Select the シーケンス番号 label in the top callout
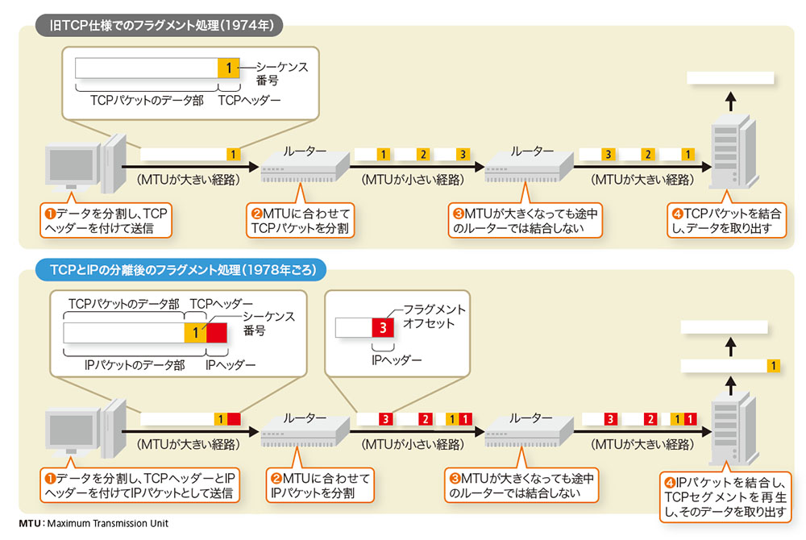[x=282, y=74]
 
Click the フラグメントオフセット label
[x=434, y=316]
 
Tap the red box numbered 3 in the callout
[x=384, y=327]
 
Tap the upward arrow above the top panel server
[x=730, y=101]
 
